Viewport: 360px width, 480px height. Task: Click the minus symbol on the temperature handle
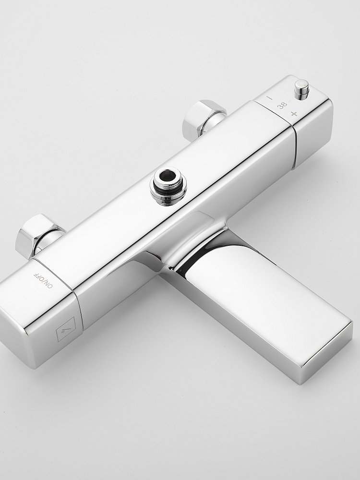tap(269, 98)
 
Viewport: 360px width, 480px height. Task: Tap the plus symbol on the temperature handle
tap(294, 114)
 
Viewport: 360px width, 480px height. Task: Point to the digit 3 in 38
tap(284, 104)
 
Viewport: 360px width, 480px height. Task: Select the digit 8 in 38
tap(280, 107)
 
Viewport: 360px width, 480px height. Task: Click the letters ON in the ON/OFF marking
tap(48, 284)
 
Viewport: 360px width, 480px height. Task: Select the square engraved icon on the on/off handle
tap(66, 329)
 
